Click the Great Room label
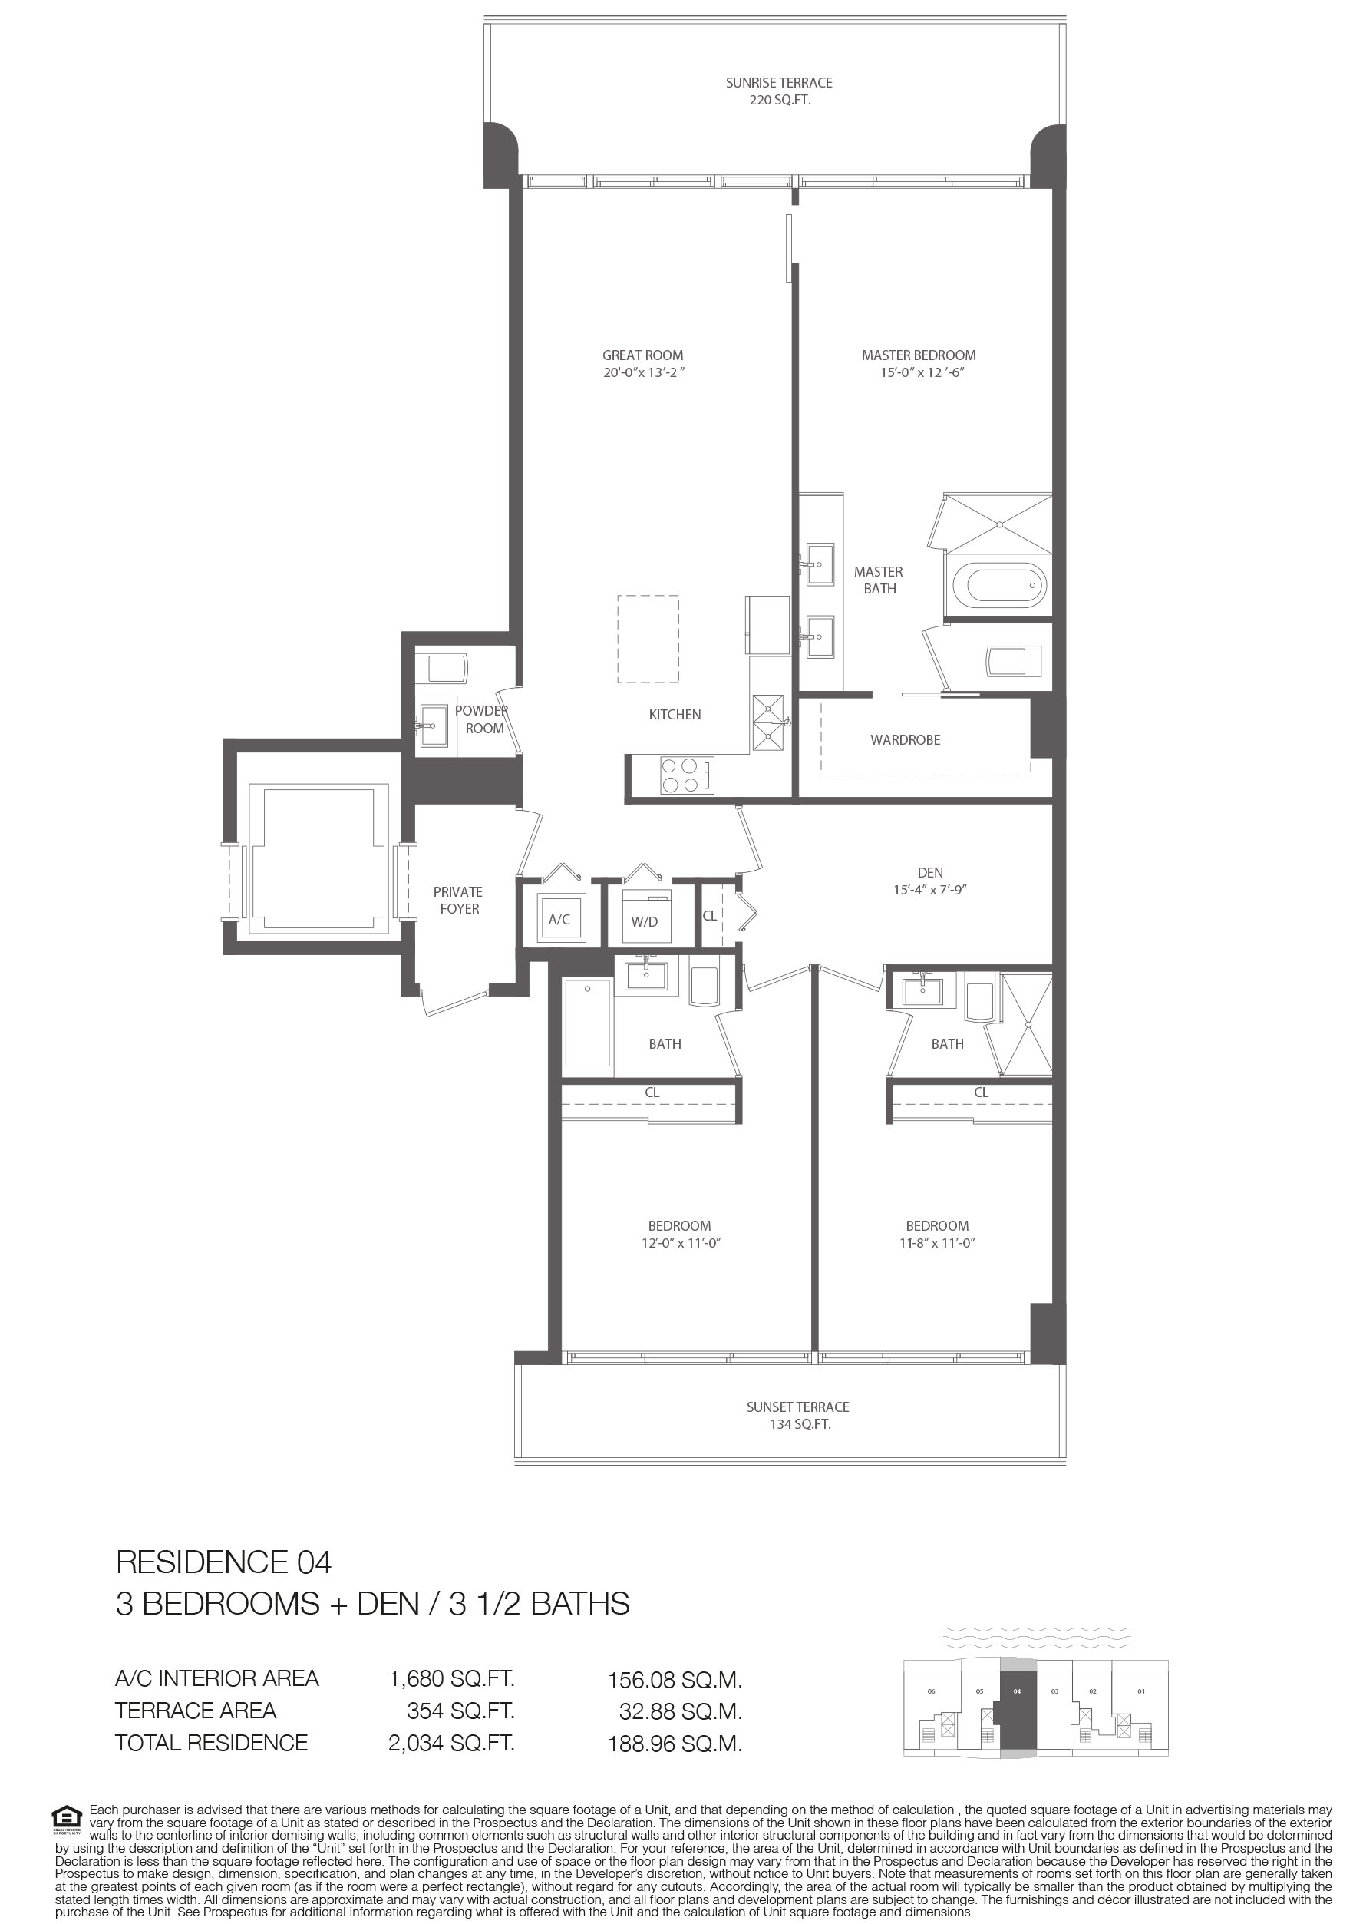point(642,355)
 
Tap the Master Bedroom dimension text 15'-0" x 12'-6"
point(922,373)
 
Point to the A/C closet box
point(559,918)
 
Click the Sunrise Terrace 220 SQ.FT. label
point(779,91)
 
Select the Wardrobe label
point(905,740)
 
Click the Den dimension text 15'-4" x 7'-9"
point(930,890)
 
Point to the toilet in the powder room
point(448,668)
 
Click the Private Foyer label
point(458,900)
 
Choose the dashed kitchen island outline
point(648,640)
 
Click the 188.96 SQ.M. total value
point(675,1744)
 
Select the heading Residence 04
point(223,1562)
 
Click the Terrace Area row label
point(196,1711)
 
